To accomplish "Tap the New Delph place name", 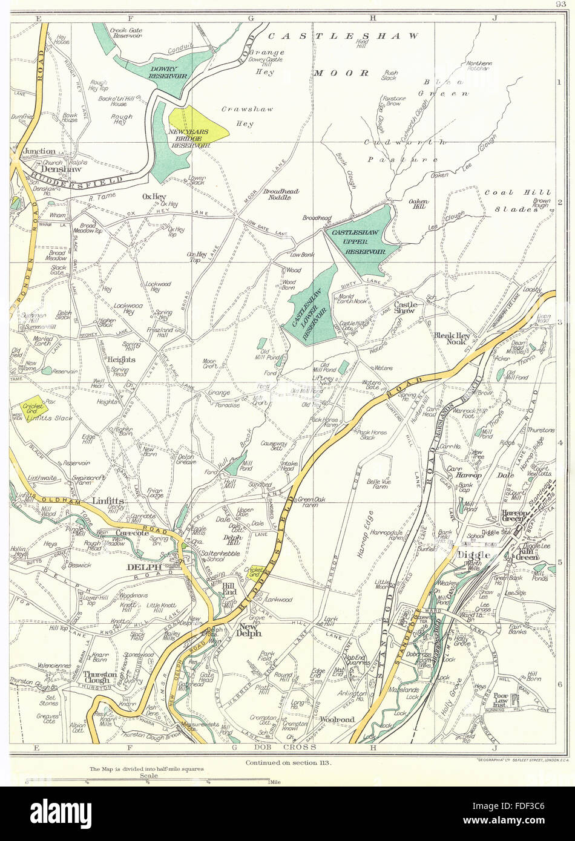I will tap(250, 630).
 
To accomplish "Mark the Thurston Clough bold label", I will tap(97, 676).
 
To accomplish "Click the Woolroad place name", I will tap(337, 719).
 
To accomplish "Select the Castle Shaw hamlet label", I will tap(404, 308).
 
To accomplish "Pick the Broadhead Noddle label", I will tap(281, 194).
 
